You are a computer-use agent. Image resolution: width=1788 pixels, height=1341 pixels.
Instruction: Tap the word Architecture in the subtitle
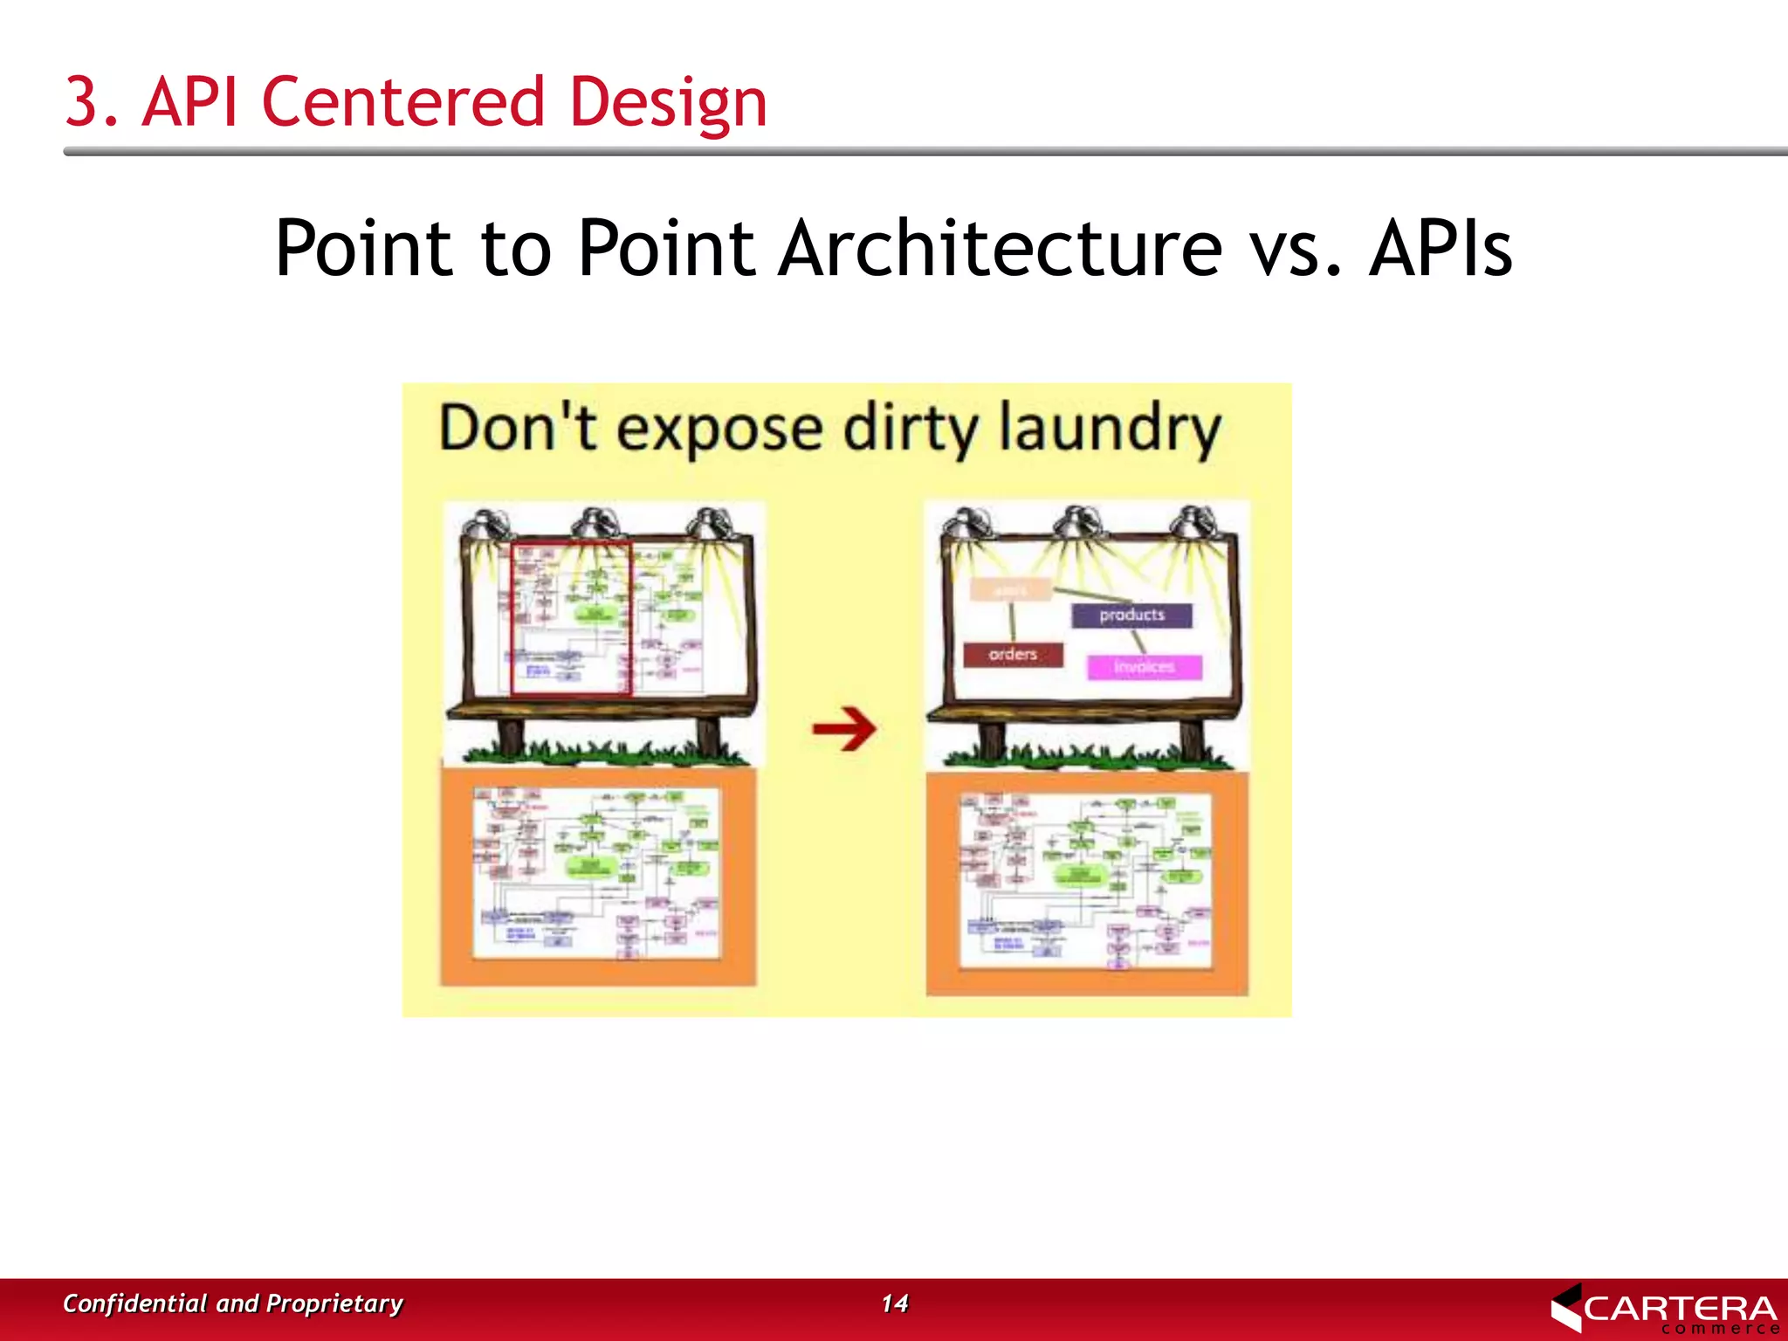tap(1000, 249)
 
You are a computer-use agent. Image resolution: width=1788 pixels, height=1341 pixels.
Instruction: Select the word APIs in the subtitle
tap(1441, 249)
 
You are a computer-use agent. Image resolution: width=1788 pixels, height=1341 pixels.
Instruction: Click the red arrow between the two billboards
tap(843, 728)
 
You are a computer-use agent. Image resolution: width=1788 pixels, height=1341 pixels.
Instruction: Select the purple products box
tap(1131, 615)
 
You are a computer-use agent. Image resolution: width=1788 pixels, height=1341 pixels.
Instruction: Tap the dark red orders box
tap(1013, 654)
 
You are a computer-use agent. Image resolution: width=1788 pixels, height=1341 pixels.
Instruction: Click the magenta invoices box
tap(1144, 667)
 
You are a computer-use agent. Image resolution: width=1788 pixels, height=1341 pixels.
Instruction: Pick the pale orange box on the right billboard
tap(1011, 590)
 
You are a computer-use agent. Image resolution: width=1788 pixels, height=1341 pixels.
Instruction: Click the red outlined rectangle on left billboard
tap(570, 618)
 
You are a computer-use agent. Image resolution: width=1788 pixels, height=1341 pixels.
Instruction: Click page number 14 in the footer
tap(894, 1303)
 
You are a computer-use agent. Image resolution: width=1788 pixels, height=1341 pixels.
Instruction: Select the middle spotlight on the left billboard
tap(595, 525)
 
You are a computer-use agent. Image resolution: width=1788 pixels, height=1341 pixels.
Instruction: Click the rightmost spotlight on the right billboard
tap(1194, 524)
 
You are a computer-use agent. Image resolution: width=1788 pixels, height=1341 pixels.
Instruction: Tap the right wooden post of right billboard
tap(1193, 740)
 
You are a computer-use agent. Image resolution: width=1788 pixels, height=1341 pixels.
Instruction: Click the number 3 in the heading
tap(81, 102)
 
